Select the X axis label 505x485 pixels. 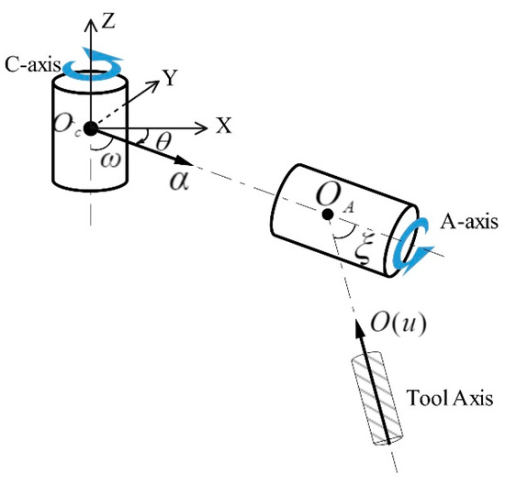pos(222,127)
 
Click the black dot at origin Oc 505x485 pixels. pos(89,127)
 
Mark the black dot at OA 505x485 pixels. pos(328,214)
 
